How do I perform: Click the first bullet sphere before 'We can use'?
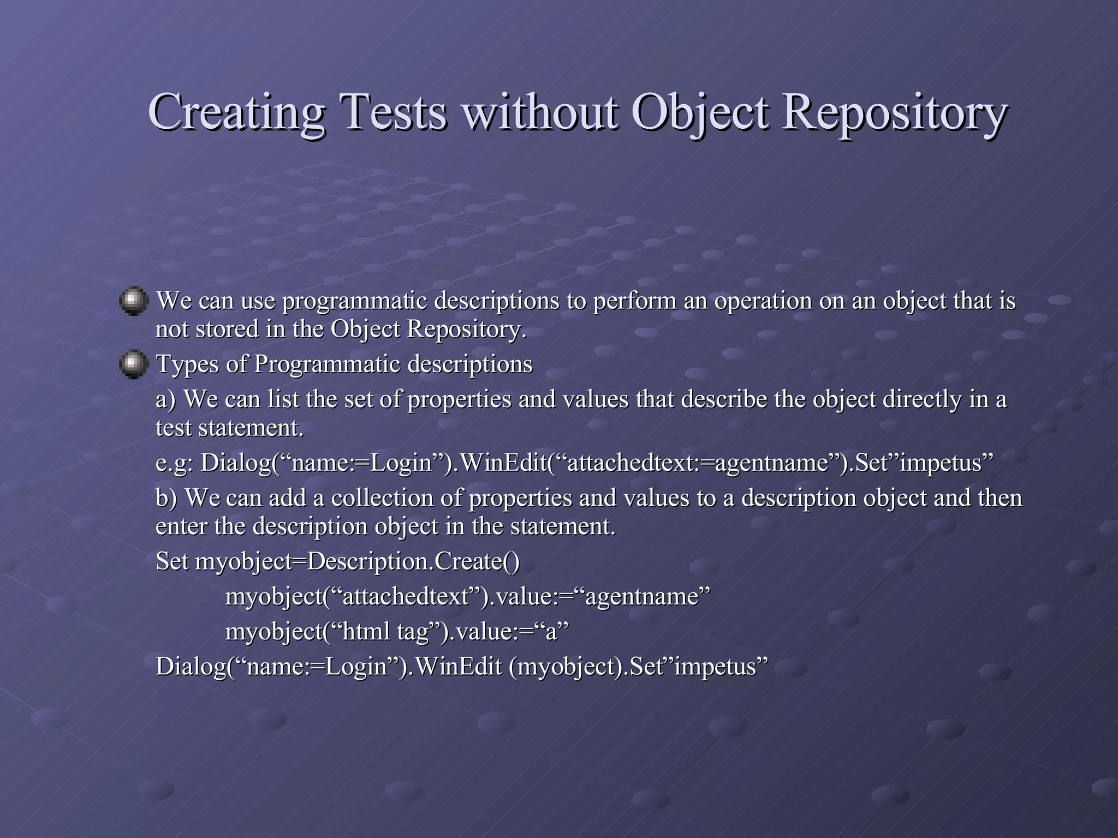[134, 301]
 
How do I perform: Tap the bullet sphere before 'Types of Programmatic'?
[134, 364]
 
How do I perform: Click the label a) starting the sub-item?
[166, 400]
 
